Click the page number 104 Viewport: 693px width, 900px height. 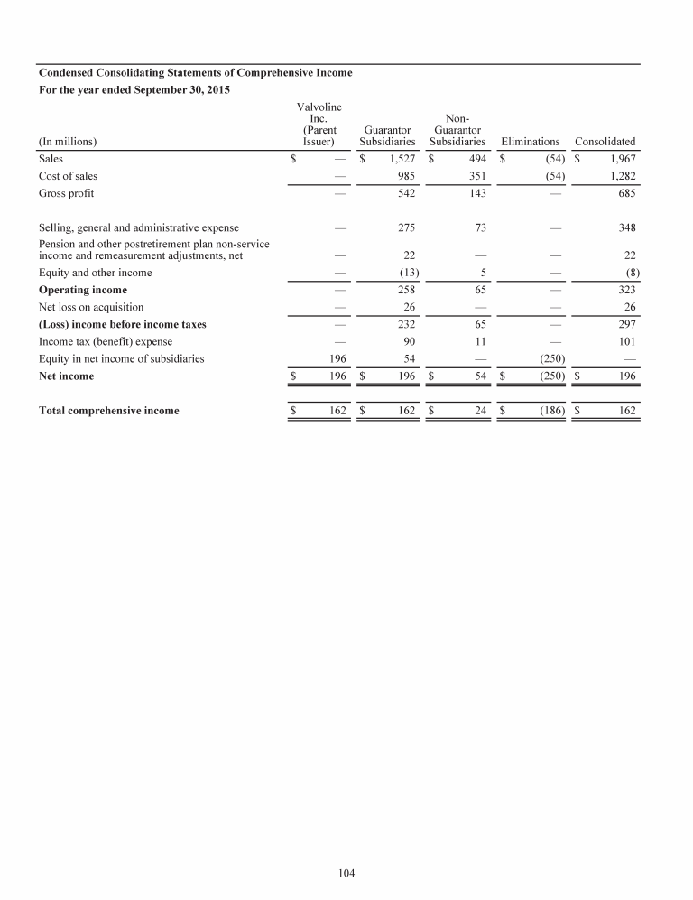(346, 873)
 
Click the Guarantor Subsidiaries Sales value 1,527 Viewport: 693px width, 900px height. (402, 159)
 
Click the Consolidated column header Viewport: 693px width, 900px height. (605, 142)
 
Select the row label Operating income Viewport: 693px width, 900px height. (83, 290)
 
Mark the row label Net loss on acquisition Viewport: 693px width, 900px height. (91, 307)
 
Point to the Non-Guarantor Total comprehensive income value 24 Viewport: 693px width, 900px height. (480, 411)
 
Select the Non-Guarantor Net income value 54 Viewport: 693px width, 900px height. (480, 376)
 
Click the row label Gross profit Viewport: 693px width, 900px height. (67, 193)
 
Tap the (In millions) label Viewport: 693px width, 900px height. (68, 142)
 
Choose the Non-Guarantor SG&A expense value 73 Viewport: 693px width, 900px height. (480, 228)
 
